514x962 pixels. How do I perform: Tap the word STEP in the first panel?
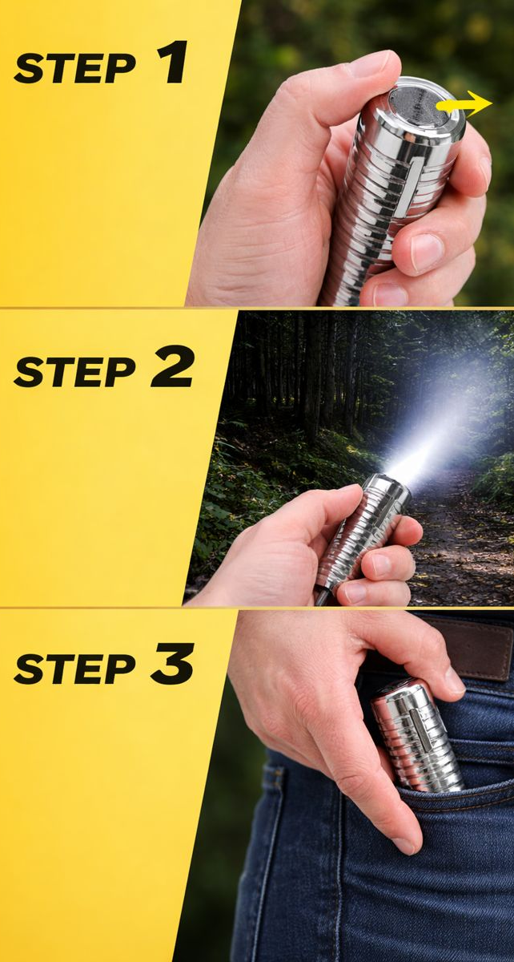[74, 69]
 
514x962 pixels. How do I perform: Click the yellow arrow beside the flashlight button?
[464, 103]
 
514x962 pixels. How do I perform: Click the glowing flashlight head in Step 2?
[390, 484]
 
